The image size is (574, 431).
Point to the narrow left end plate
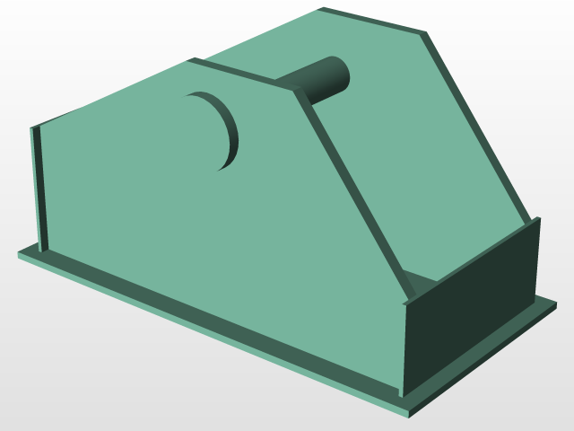coord(39,189)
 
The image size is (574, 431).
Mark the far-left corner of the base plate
coord(19,254)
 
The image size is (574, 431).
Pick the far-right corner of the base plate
coord(557,303)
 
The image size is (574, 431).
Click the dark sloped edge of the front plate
coord(354,193)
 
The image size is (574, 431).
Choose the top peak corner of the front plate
coord(190,61)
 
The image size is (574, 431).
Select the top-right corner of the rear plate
coord(423,32)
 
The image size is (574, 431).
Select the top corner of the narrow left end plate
coord(35,128)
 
